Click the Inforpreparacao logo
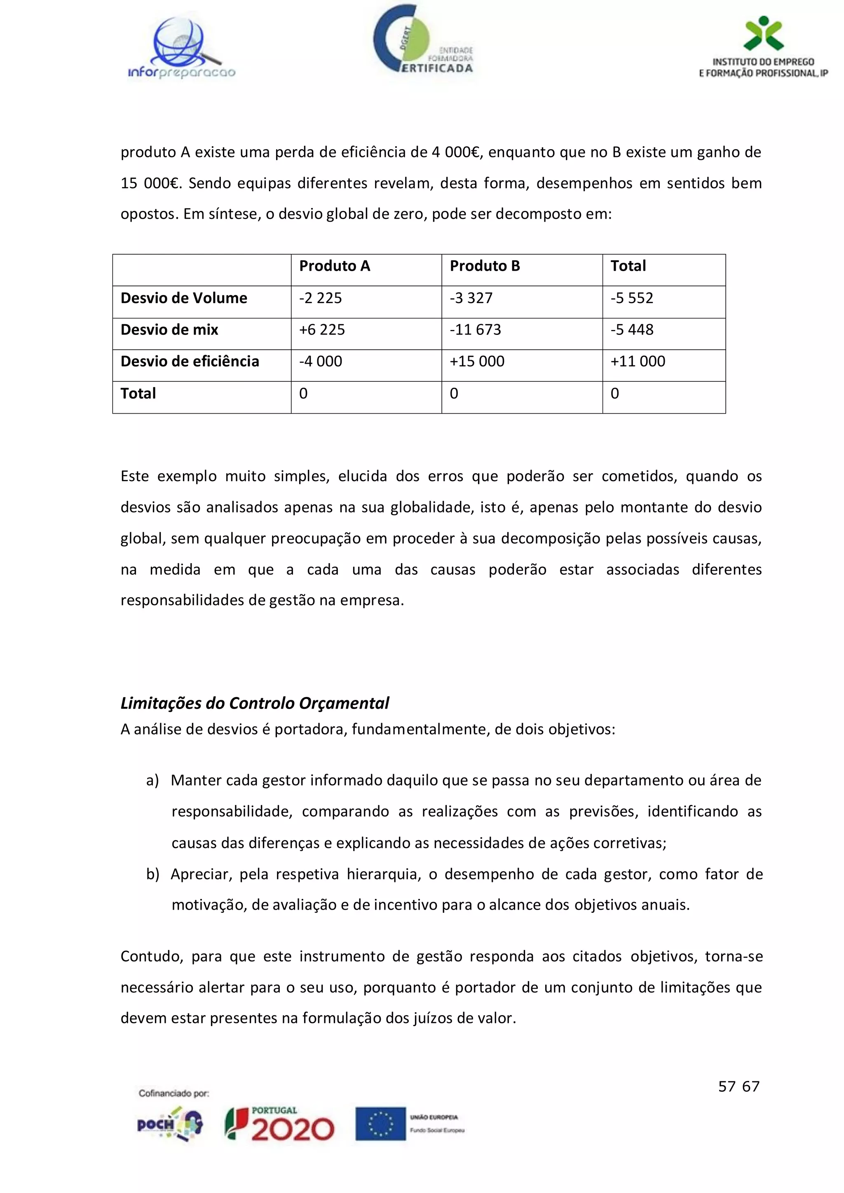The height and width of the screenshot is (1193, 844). (x=181, y=48)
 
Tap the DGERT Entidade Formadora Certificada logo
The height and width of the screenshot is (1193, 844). (x=422, y=40)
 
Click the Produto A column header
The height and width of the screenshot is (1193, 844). (x=335, y=266)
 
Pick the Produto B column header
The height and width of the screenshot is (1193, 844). (x=484, y=266)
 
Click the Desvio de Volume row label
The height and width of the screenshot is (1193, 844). (x=184, y=298)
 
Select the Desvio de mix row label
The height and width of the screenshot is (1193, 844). (x=169, y=330)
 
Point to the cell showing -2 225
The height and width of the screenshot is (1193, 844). (x=321, y=298)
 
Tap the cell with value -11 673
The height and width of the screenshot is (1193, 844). (x=475, y=330)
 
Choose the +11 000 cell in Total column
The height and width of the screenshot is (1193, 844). (x=638, y=362)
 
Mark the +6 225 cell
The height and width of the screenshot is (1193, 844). (x=322, y=330)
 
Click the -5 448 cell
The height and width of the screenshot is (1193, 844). (x=631, y=330)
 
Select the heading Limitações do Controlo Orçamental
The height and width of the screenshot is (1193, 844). (x=255, y=703)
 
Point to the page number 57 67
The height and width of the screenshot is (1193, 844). (x=738, y=1086)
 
